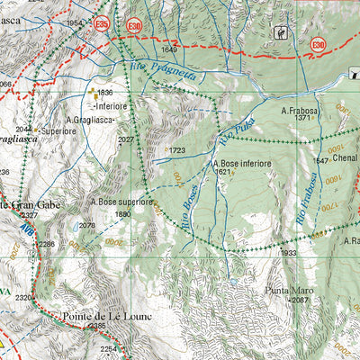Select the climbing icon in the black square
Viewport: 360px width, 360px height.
[x=280, y=33]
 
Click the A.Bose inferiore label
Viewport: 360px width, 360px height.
[x=242, y=164]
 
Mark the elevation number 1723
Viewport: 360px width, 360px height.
[x=176, y=150]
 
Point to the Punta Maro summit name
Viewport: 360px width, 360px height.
[x=289, y=291]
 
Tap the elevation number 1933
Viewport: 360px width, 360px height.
[x=289, y=254]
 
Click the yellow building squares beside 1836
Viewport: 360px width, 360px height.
[x=94, y=93]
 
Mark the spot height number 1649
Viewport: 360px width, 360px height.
[x=170, y=49]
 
